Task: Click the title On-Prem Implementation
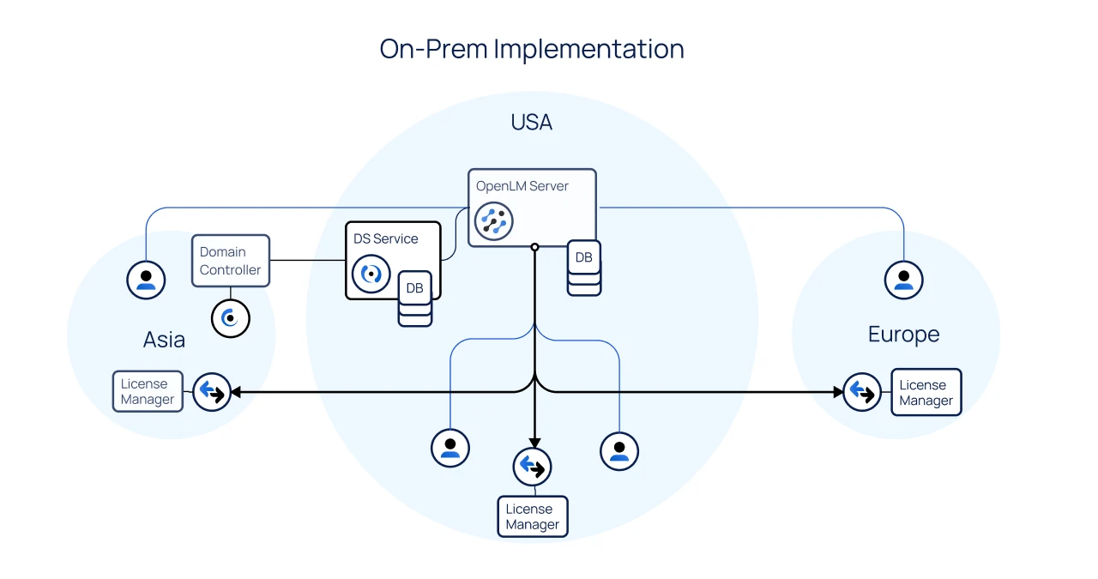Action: pyautogui.click(x=532, y=49)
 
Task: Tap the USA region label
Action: pyautogui.click(x=532, y=123)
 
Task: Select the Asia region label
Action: pyautogui.click(x=164, y=340)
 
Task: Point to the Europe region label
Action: pyautogui.click(x=903, y=335)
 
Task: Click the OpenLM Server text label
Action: pyautogui.click(x=522, y=186)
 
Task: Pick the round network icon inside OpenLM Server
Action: pyautogui.click(x=493, y=220)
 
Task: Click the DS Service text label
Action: pyautogui.click(x=386, y=238)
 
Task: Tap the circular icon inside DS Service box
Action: pyautogui.click(x=371, y=274)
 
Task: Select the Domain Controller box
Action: pyautogui.click(x=230, y=261)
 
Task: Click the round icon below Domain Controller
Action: pyautogui.click(x=230, y=318)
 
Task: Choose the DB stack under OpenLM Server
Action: pyautogui.click(x=584, y=268)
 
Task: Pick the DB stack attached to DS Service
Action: pyautogui.click(x=415, y=298)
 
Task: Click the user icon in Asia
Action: pyautogui.click(x=146, y=279)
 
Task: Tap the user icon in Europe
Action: pyautogui.click(x=903, y=280)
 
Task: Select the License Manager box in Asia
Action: pyautogui.click(x=148, y=391)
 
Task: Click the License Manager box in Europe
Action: pyautogui.click(x=926, y=392)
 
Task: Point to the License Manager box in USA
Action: pyautogui.click(x=533, y=516)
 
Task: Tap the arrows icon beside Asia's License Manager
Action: pyautogui.click(x=211, y=392)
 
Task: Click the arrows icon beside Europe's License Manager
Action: pyautogui.click(x=861, y=392)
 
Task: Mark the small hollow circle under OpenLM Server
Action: pyautogui.click(x=534, y=247)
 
